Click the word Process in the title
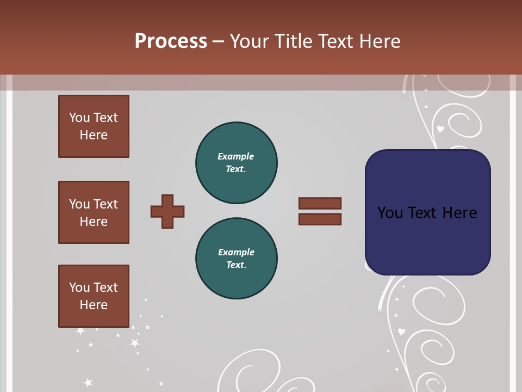[x=171, y=41]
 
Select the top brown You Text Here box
[x=94, y=126]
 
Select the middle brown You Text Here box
[x=94, y=212]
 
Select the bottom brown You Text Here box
[x=94, y=296]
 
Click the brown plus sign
[x=167, y=211]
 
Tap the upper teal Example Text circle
[x=236, y=162]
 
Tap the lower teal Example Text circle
[x=236, y=258]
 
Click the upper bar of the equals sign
[x=320, y=203]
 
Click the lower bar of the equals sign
[x=320, y=219]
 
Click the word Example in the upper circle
[x=236, y=156]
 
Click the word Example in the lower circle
[x=236, y=252]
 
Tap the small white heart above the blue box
[x=440, y=129]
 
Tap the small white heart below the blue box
[x=401, y=331]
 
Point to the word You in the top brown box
[x=79, y=118]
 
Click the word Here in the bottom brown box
[x=94, y=305]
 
